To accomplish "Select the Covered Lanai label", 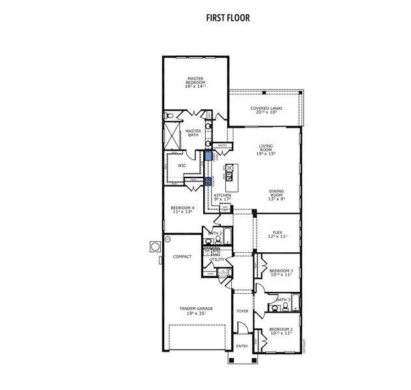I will click(x=265, y=110).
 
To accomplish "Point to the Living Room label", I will click(x=266, y=149).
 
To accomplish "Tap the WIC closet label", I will click(x=182, y=165).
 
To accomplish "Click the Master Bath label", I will click(x=193, y=133).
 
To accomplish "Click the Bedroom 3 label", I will click(x=281, y=272).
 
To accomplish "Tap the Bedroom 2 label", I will click(x=281, y=331).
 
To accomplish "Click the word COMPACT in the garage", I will click(x=182, y=257).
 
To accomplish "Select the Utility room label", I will click(x=217, y=259).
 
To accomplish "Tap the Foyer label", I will click(x=242, y=312).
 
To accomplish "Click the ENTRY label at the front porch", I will click(x=242, y=346).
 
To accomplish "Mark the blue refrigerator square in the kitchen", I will click(x=208, y=156).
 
